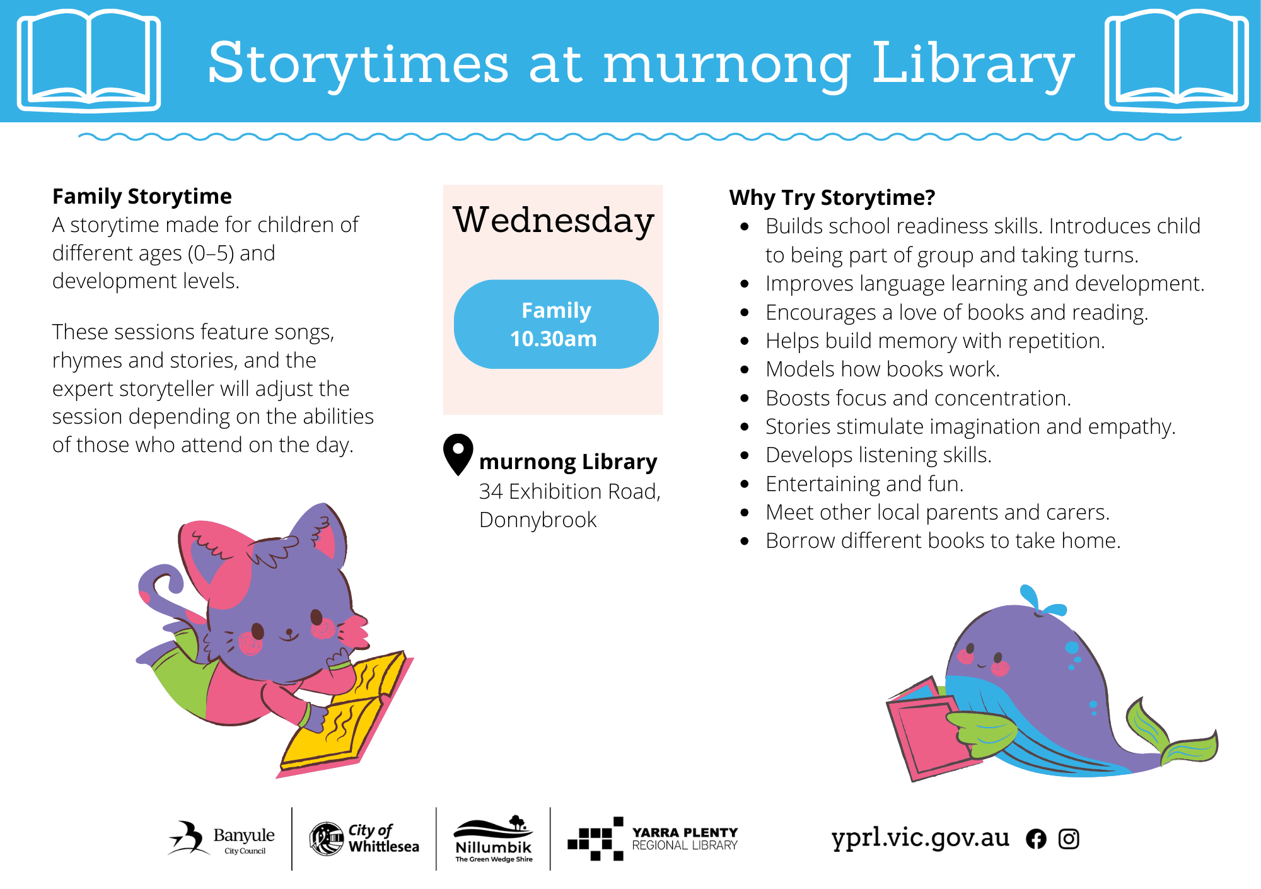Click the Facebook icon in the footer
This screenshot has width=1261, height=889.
click(1036, 839)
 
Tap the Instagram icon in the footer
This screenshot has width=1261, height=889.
click(1069, 839)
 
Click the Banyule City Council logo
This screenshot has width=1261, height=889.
click(221, 838)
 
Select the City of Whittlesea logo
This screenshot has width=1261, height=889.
click(364, 839)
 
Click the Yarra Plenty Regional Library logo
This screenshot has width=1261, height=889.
click(653, 839)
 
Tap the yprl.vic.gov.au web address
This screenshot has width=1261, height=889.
click(920, 838)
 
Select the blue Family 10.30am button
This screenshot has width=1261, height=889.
click(556, 324)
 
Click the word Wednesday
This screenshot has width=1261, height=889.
click(554, 221)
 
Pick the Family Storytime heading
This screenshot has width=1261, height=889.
click(142, 197)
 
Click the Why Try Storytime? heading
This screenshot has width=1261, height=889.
click(832, 198)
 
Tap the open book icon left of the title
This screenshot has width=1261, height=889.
click(89, 61)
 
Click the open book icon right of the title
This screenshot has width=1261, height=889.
click(1177, 61)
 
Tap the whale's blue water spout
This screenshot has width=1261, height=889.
click(1040, 601)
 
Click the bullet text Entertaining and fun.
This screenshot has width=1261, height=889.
click(864, 484)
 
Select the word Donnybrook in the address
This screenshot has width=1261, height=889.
click(538, 520)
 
